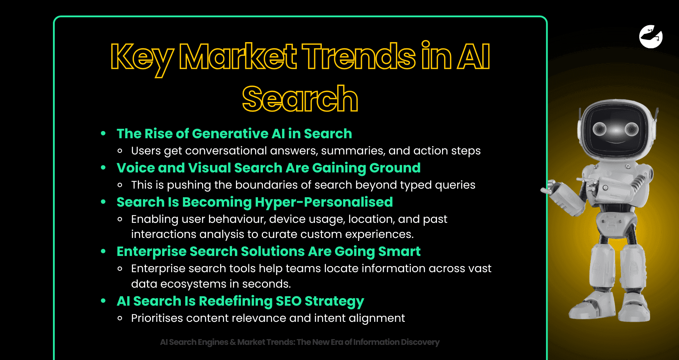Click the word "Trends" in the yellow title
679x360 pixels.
358,57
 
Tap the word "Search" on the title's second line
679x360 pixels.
300,99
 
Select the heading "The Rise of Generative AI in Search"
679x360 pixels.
234,134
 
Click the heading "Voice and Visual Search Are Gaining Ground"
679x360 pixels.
268,168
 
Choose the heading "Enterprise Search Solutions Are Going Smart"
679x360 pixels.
268,251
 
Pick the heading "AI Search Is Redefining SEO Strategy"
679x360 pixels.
240,301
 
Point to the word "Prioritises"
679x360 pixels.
157,318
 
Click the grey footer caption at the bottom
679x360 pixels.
300,342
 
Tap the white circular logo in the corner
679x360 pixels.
651,36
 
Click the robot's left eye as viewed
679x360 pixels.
599,129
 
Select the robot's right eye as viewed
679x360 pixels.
631,129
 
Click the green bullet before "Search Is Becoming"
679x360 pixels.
103,202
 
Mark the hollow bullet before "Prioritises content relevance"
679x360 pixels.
120,318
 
